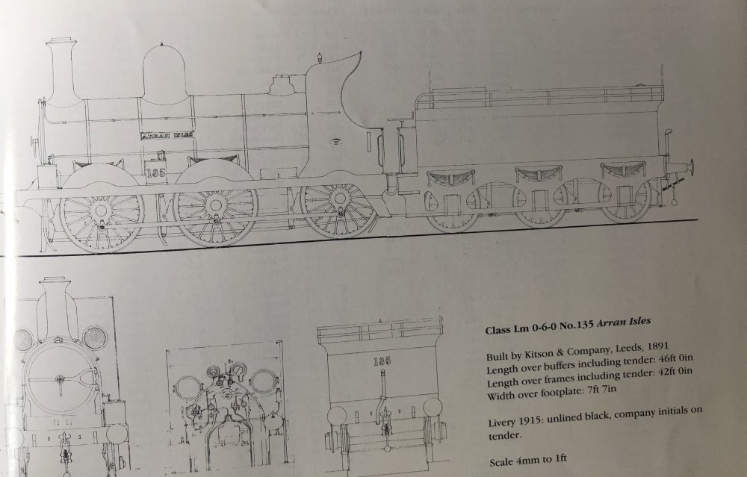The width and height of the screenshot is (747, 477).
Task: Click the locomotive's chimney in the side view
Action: point(61,72)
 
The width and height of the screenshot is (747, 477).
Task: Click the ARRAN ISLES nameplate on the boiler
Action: point(167,135)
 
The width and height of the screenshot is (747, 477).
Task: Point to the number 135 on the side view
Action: point(156,172)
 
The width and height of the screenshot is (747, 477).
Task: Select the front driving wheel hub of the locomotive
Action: point(101,210)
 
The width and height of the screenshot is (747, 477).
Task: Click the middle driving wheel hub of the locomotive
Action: point(216,205)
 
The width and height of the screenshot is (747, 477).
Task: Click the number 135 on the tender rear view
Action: point(382,361)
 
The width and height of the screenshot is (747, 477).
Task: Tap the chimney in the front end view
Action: point(58,305)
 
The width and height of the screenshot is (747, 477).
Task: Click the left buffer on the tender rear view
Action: point(338,414)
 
